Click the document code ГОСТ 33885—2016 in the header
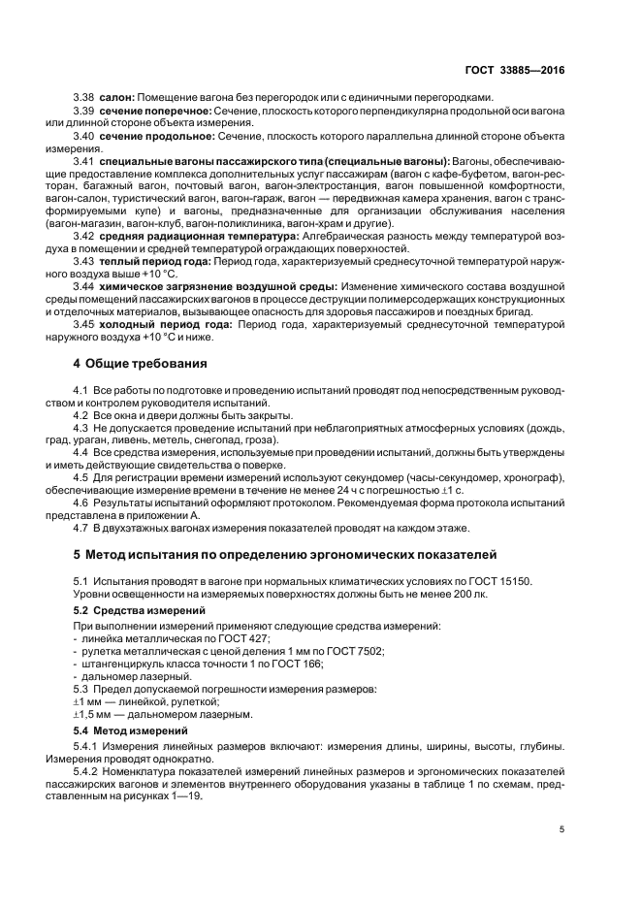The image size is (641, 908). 517,71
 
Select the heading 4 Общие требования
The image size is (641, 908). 141,364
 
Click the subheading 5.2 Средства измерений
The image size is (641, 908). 140,610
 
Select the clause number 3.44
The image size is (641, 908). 84,286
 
